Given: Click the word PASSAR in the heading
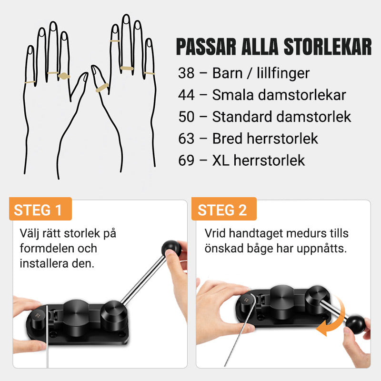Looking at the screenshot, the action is [206, 46].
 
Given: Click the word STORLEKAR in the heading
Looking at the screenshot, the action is [328, 46].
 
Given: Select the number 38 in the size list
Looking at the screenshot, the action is [186, 73].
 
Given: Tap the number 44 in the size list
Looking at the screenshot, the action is [186, 95].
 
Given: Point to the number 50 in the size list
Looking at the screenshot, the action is [186, 117].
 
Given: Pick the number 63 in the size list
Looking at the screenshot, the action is [186, 139].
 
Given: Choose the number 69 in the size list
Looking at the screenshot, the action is [186, 160].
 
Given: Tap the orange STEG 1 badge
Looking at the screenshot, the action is [40, 209].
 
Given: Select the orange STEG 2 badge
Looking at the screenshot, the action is [224, 209].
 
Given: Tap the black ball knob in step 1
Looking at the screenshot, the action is [171, 249].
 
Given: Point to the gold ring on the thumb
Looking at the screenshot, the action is [102, 88].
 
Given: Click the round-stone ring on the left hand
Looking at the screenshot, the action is [64, 76].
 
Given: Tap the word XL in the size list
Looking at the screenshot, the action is [221, 160].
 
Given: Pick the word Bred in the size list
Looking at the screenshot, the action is [227, 139].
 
